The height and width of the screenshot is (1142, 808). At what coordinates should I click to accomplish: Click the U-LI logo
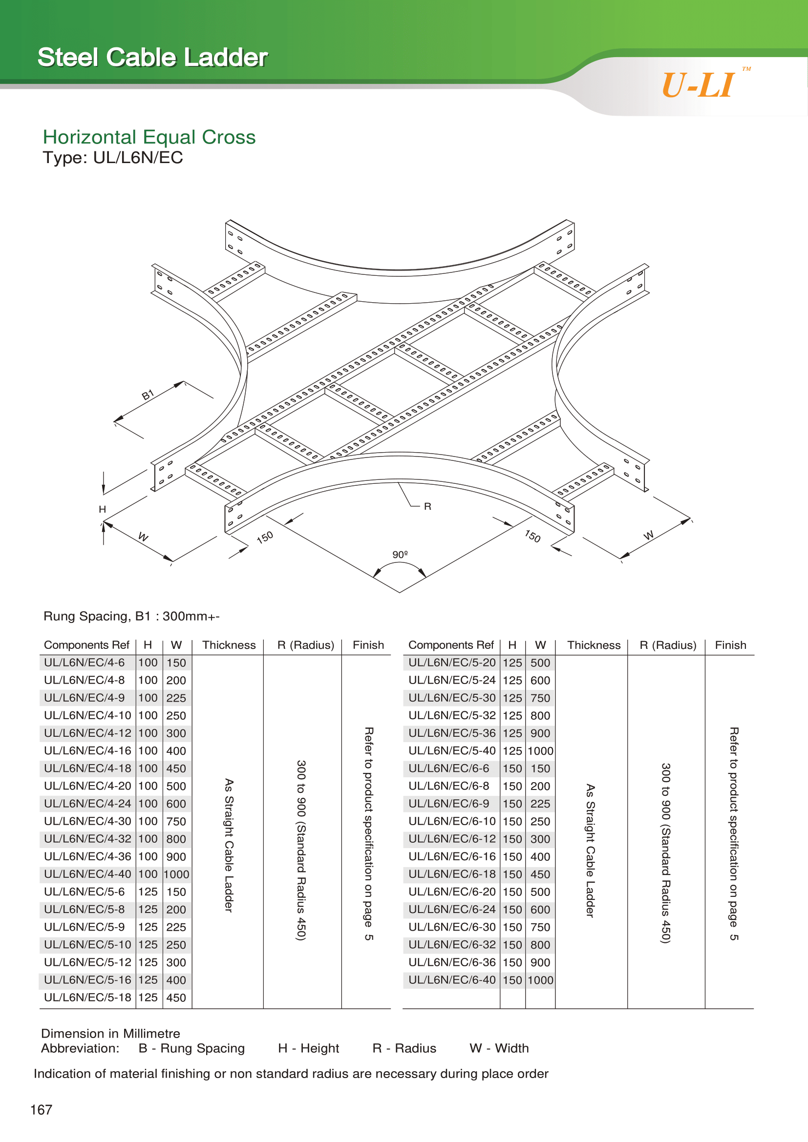coord(699,85)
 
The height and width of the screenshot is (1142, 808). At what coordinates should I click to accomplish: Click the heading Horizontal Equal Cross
coord(149,137)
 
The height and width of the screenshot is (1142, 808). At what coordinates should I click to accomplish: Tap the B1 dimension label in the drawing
coord(148,395)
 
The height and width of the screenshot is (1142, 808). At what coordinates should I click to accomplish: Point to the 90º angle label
coord(400,554)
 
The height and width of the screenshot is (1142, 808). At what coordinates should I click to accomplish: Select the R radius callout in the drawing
coord(427,506)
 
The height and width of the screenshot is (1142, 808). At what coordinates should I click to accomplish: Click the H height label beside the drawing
coord(103,509)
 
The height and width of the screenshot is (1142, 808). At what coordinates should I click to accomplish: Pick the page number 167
coord(42,1110)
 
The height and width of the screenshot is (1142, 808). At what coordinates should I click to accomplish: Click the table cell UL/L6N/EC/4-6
coord(84,663)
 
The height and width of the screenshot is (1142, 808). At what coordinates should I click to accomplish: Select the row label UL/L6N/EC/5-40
coord(452,750)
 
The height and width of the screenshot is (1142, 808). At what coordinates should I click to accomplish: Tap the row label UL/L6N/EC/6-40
coord(452,980)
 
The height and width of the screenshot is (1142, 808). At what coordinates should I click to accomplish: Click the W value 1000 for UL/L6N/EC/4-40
coord(177,874)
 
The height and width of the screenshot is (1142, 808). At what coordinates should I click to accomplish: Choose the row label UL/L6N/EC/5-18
coord(87,997)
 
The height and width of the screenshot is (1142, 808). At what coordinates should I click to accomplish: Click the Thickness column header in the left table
coord(229,645)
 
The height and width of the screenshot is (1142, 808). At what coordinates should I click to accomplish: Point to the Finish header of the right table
coord(730,645)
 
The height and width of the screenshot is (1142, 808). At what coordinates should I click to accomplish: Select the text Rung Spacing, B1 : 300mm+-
coord(131,616)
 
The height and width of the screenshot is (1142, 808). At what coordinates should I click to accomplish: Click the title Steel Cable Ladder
coord(153,57)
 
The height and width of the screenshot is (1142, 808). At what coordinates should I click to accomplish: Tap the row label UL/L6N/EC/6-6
coord(448,768)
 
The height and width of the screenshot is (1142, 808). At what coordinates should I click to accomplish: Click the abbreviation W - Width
coord(499,1048)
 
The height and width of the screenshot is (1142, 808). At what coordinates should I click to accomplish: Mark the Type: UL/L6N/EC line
coord(113,158)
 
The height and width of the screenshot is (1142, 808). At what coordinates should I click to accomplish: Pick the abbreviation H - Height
coord(308,1048)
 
